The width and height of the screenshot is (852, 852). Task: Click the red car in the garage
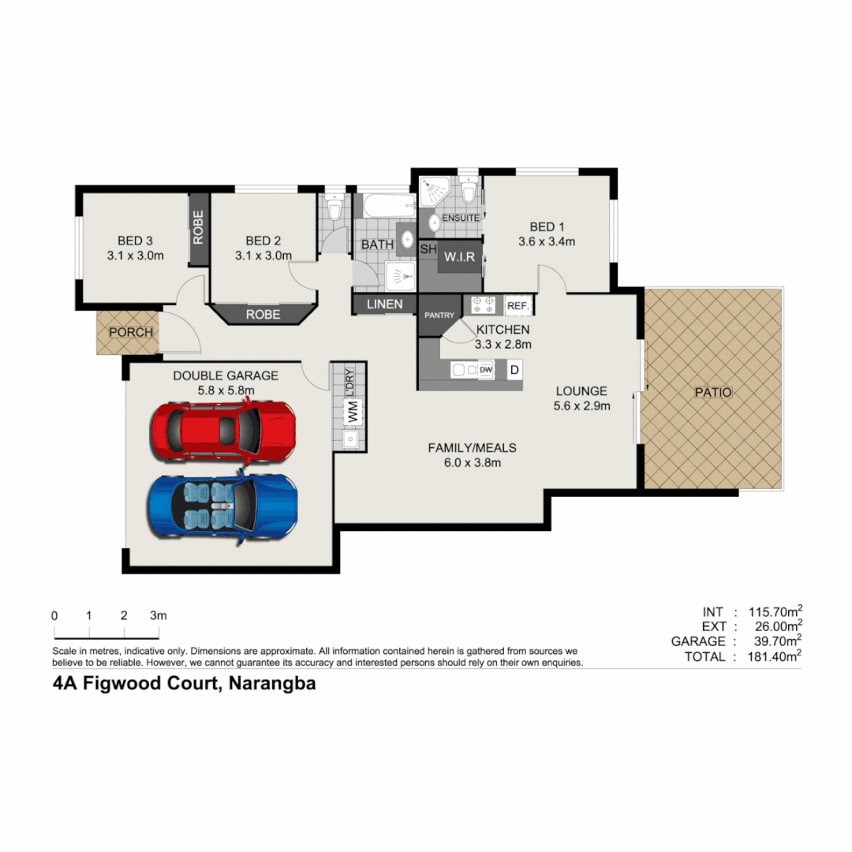pos(223,431)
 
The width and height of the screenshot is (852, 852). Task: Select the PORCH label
pos(131,332)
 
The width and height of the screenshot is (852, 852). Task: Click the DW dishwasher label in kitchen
pos(486,369)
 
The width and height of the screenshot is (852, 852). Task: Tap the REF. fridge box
pos(518,305)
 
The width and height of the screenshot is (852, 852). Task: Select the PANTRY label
pos(439,316)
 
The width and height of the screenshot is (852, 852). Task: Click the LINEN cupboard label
pos(384,304)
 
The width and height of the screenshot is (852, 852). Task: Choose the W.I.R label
pos(458,257)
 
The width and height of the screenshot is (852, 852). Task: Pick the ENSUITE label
pos(461,218)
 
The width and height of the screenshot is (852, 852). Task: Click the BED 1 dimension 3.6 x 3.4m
pos(546,242)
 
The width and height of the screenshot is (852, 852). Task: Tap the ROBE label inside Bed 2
pos(263,314)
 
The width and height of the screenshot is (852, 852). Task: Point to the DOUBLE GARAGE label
pos(226,376)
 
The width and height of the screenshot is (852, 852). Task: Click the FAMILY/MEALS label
pos(472,448)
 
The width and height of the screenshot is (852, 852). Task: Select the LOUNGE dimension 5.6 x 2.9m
pos(582,406)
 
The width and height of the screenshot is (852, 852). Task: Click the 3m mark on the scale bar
pos(159,615)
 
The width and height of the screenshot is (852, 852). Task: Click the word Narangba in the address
pos(272,684)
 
